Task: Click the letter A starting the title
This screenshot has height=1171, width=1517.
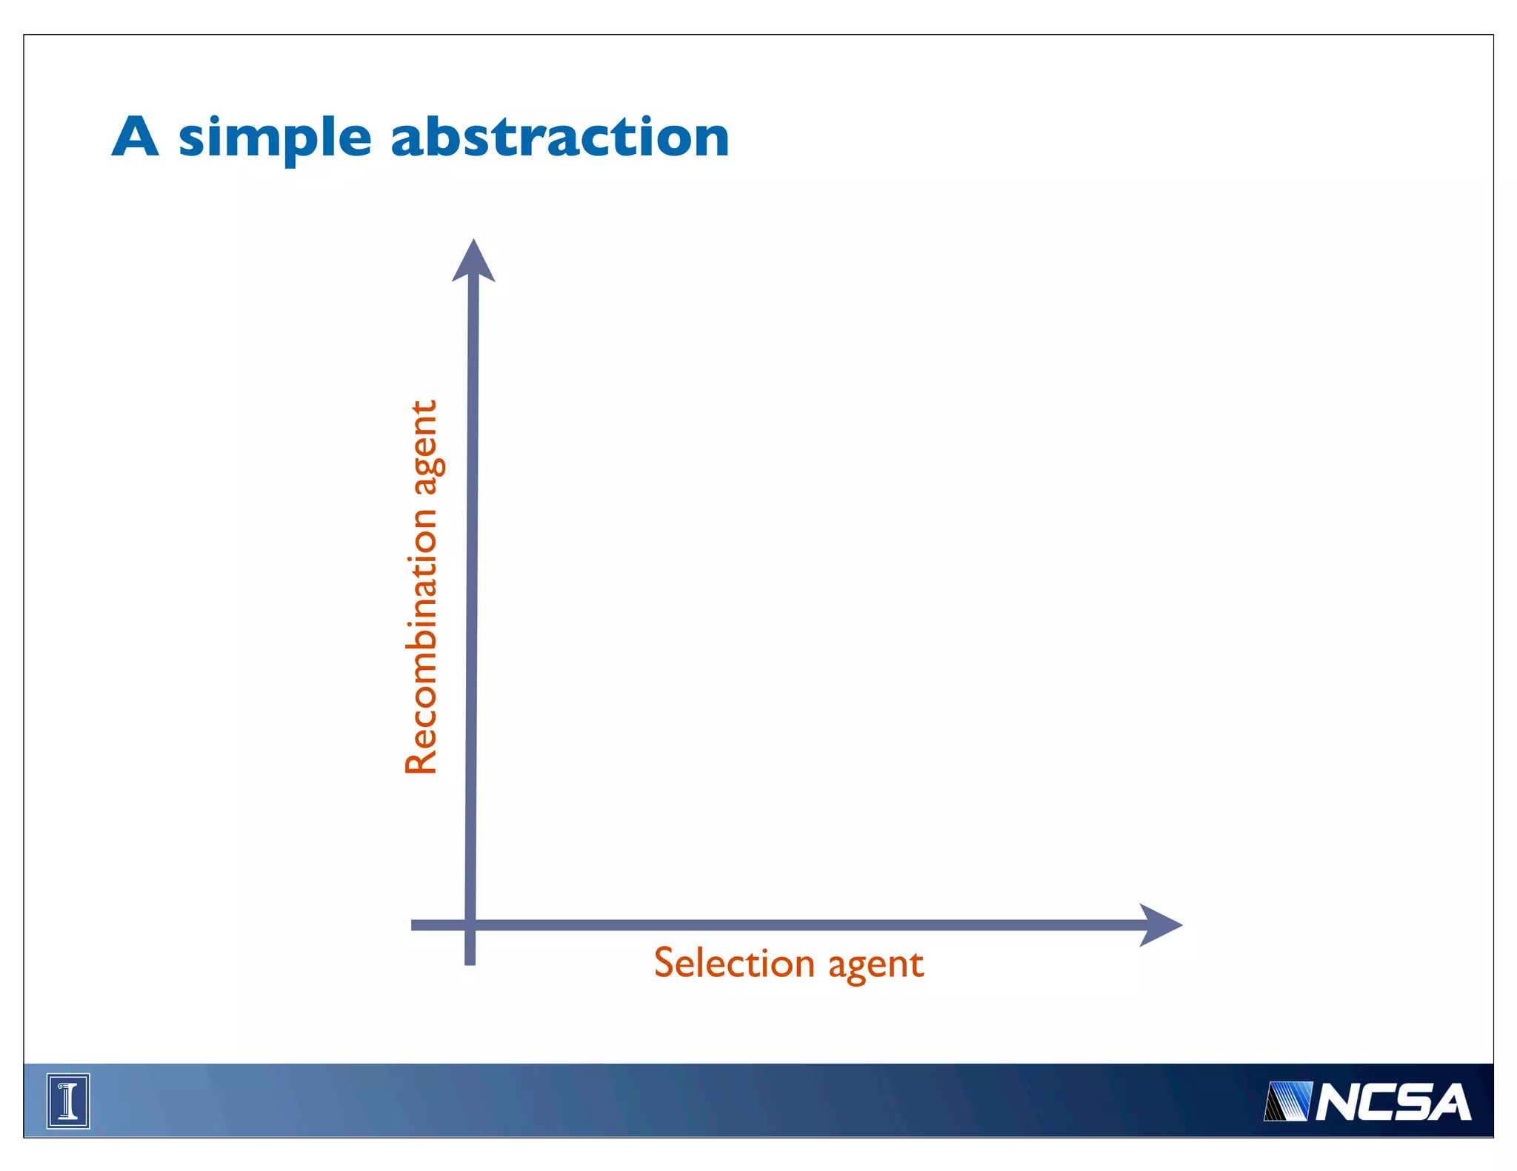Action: tap(136, 137)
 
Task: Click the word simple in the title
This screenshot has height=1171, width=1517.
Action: tap(274, 138)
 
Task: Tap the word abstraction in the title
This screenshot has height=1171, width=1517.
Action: tap(560, 137)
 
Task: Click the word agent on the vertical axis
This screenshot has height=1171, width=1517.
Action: tap(426, 447)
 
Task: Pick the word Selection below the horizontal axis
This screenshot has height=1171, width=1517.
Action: tap(734, 963)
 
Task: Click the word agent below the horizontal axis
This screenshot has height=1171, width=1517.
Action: tap(876, 965)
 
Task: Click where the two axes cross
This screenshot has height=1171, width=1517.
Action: tap(470, 925)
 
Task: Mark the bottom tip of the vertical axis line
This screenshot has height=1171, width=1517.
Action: tap(470, 962)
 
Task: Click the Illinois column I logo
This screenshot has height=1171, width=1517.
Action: tap(68, 1101)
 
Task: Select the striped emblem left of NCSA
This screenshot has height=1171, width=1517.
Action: tap(1287, 1101)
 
